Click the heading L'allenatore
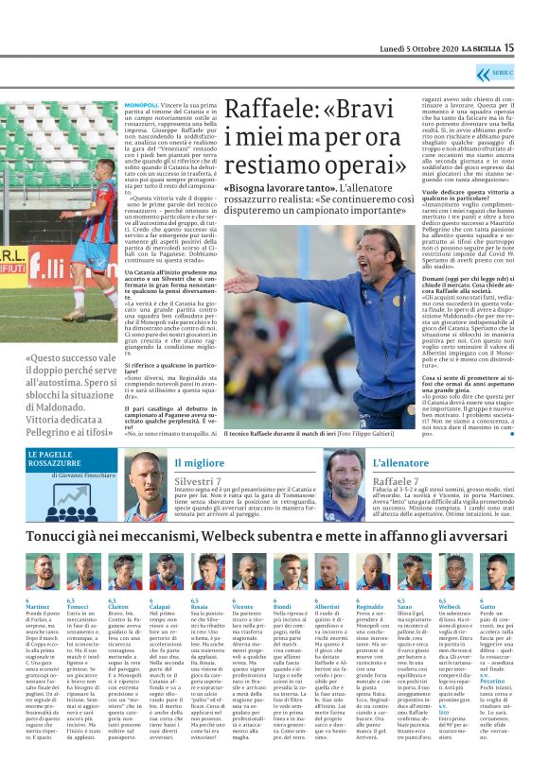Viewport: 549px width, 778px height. point(401,463)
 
